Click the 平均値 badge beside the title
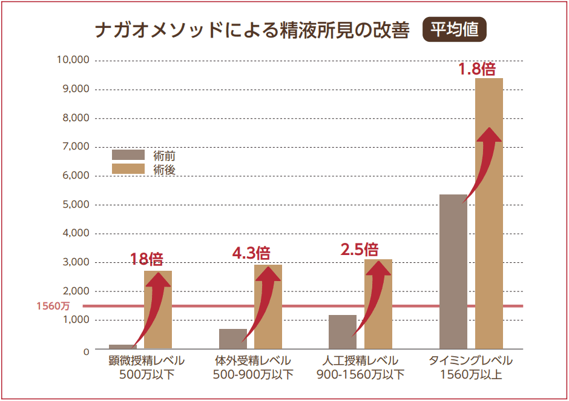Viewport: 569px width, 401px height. click(x=454, y=30)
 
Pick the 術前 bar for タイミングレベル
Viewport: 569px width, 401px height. click(x=453, y=273)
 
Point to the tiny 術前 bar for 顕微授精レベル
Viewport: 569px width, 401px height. click(x=122, y=346)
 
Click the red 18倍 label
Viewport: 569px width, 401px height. click(x=146, y=259)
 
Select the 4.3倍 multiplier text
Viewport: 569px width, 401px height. click(x=251, y=253)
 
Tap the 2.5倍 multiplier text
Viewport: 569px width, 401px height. click(x=359, y=249)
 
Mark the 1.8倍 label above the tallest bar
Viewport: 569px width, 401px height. click(x=476, y=69)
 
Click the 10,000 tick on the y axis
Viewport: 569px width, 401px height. click(x=73, y=60)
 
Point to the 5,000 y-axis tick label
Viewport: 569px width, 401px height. click(x=76, y=205)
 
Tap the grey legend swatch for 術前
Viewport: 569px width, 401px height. click(x=128, y=155)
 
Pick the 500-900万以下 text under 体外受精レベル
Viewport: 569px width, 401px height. click(x=253, y=374)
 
